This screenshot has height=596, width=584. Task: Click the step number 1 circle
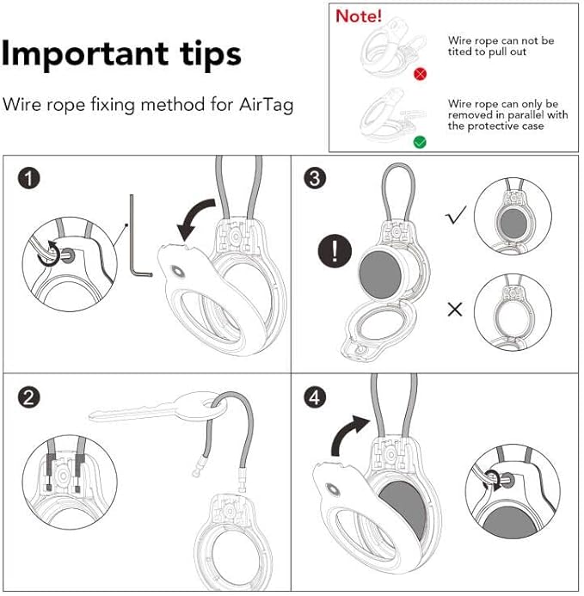click(x=31, y=179)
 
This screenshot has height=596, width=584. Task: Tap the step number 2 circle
click(x=31, y=397)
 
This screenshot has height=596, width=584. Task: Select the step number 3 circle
click(x=317, y=179)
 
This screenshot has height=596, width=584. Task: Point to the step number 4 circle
click(x=317, y=397)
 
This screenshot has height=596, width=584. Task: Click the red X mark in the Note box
click(x=420, y=75)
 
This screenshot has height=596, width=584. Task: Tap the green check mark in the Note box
click(x=420, y=141)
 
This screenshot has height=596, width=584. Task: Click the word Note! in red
click(x=360, y=16)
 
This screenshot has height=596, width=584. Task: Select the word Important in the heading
click(x=83, y=53)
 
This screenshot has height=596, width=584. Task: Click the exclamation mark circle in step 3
click(x=335, y=251)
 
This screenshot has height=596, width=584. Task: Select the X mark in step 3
click(x=455, y=309)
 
